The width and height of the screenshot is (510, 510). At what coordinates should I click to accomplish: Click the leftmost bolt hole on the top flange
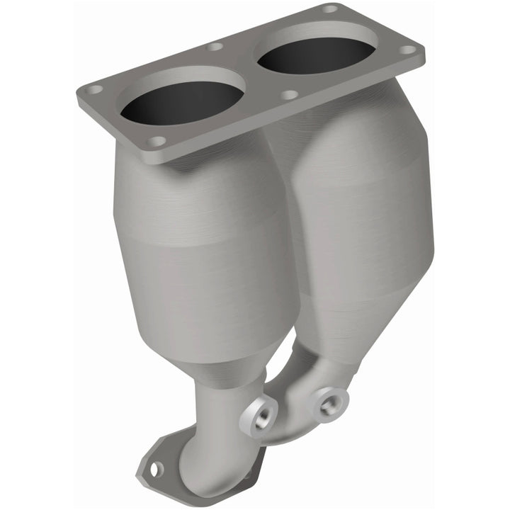(94, 90)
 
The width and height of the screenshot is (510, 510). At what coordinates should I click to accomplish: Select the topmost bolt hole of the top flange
(330, 9)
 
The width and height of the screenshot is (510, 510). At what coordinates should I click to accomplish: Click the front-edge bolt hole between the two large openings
(289, 94)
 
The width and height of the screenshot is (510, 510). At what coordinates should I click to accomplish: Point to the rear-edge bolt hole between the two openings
(215, 47)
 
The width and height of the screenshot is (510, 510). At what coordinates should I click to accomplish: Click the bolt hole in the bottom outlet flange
(155, 468)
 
